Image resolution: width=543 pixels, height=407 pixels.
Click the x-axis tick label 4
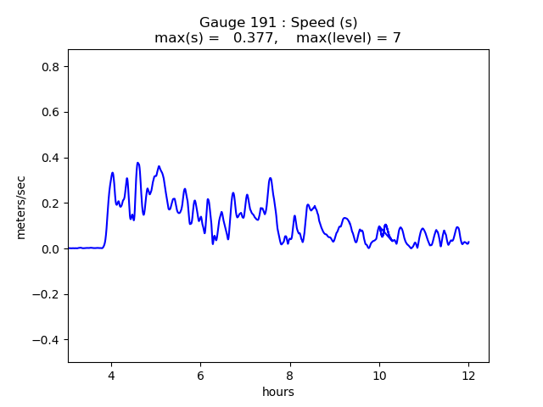111,376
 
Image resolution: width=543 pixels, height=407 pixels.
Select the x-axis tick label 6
200,376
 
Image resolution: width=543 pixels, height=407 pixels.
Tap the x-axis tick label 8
290,376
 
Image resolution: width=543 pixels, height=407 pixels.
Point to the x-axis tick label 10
379,376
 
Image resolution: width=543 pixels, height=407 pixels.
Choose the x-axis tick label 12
468,376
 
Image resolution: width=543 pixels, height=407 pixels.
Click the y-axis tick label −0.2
48,294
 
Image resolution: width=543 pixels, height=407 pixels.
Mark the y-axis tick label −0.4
48,340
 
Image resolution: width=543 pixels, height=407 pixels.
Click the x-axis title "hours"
277,393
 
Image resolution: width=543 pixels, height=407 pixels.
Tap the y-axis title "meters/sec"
21,207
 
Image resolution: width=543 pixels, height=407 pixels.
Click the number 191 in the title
258,22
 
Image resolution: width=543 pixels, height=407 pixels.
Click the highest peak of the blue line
137,163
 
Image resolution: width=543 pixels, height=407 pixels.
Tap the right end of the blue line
468,243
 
